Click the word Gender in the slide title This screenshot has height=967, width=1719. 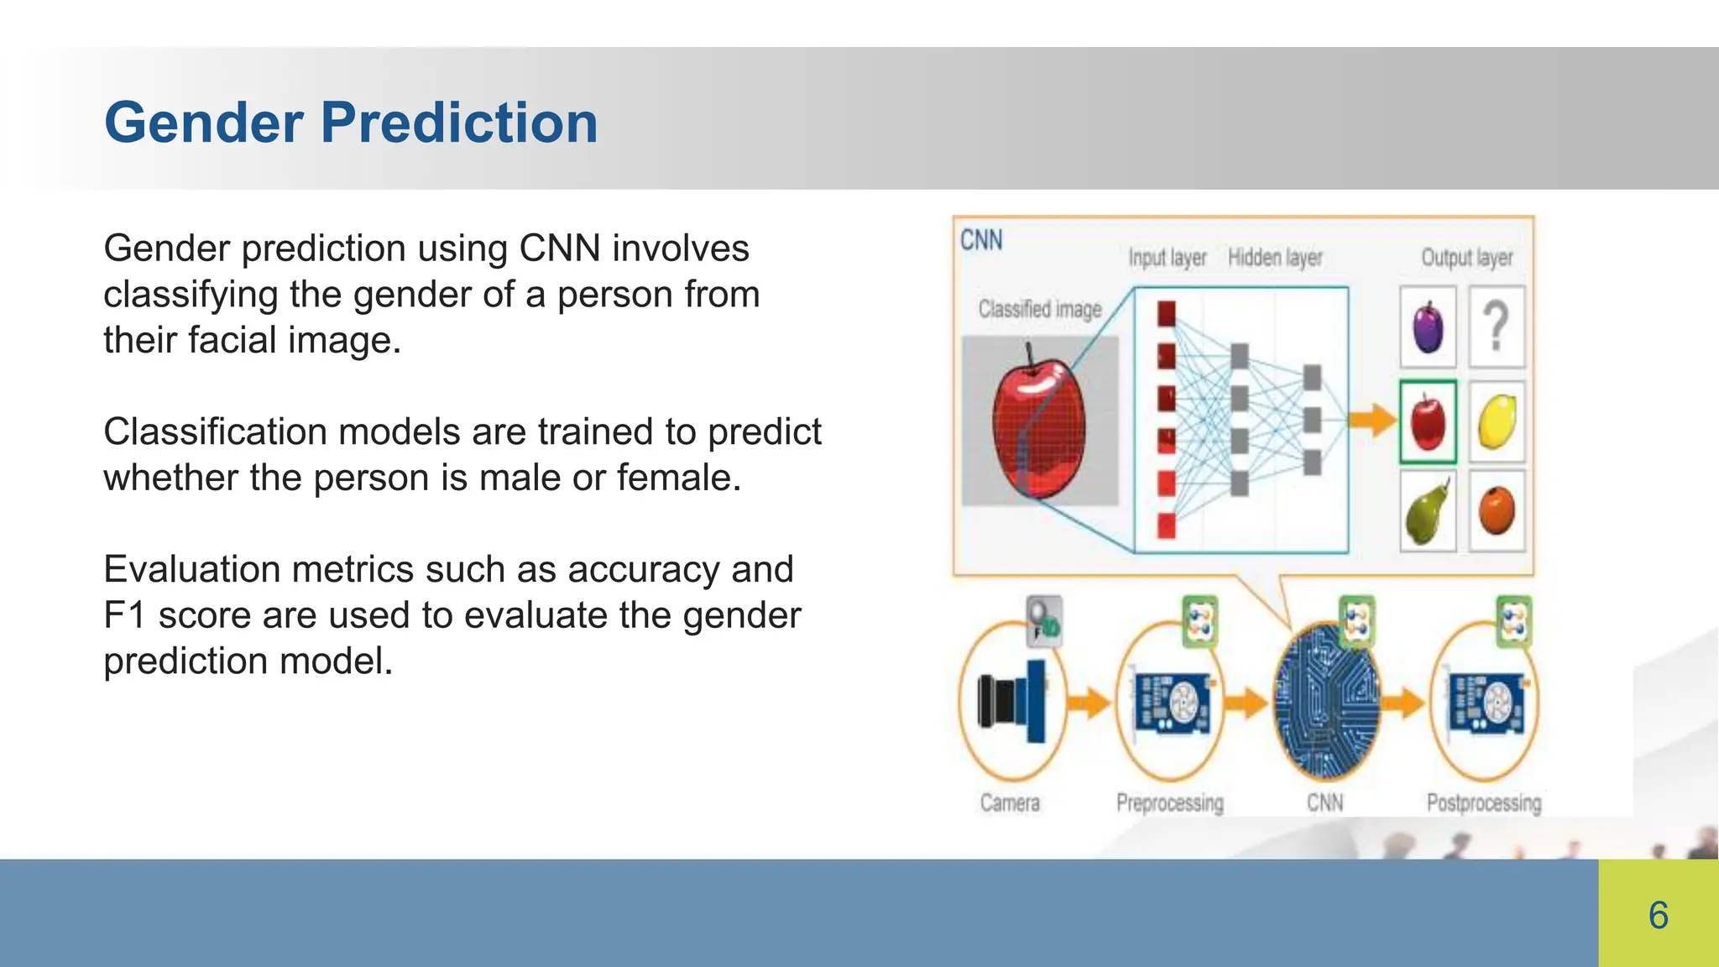(x=203, y=123)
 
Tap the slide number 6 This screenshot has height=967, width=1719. (x=1658, y=915)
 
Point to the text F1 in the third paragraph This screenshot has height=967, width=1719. (x=124, y=615)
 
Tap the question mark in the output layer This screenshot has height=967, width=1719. (x=1496, y=327)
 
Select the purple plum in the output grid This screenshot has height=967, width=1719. (x=1428, y=327)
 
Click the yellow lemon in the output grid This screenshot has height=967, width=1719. (x=1496, y=421)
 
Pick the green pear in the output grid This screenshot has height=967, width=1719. (x=1427, y=512)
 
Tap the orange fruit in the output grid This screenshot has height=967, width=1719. (x=1496, y=510)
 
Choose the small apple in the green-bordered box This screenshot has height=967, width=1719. (x=1428, y=421)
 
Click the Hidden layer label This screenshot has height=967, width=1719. (x=1274, y=258)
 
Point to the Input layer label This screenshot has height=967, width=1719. (x=1167, y=258)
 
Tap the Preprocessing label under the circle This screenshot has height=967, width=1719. (x=1169, y=803)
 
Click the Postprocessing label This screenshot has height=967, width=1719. (x=1483, y=803)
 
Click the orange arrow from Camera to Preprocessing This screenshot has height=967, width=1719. (x=1089, y=702)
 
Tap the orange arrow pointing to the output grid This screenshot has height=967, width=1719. (x=1373, y=419)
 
